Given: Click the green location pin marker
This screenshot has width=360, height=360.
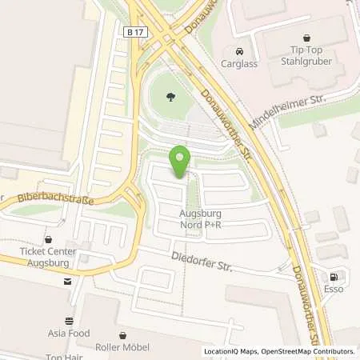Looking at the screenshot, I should (180, 160).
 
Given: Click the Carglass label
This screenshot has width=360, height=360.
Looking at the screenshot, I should (240, 63).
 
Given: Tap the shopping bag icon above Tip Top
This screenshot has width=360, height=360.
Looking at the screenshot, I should (306, 36).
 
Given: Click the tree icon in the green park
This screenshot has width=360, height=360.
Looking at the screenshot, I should (170, 98).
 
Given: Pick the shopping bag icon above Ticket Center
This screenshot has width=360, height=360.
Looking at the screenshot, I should (48, 238).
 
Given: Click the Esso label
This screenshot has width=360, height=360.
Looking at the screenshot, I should (333, 289).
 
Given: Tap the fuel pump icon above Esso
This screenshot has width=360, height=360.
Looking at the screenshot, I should (333, 276).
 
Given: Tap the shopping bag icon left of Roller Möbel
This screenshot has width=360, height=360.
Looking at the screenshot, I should (122, 336).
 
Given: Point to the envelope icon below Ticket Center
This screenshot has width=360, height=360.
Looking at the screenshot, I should (68, 281).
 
